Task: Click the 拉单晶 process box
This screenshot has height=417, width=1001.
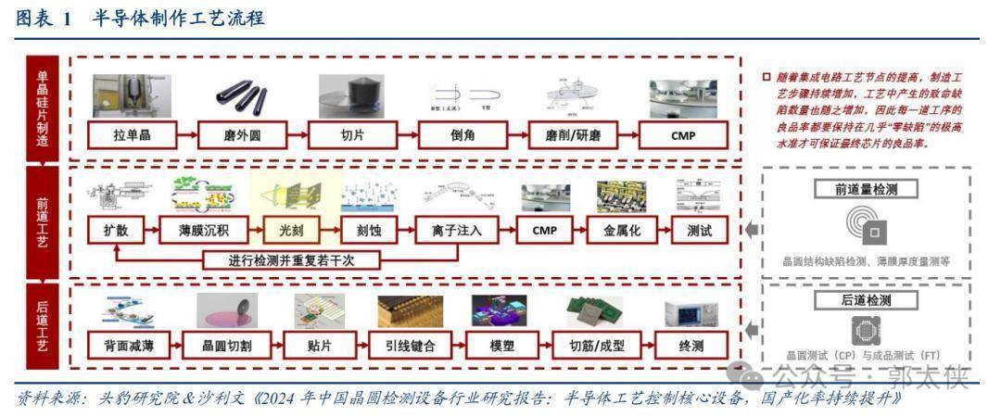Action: pos(132,135)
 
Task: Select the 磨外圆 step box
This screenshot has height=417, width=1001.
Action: pos(242,135)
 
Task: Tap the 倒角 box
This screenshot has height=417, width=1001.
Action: pos(463,135)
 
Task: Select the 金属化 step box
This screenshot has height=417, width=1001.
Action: pos(615,229)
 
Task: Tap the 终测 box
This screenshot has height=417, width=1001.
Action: pos(691,347)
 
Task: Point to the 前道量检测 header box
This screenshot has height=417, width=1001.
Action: pos(865,189)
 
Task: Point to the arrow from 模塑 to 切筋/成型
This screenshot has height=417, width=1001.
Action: pos(541,347)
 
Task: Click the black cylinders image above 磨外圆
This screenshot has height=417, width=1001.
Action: pos(242,96)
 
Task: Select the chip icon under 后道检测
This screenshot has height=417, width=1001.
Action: pos(865,330)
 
